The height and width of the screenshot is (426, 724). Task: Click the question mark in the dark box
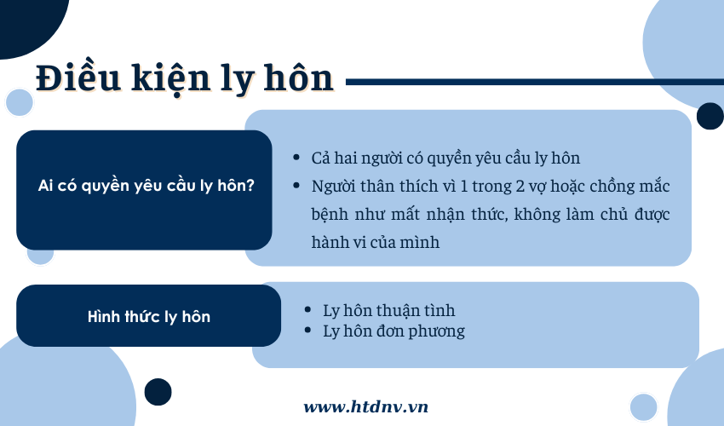coord(250,185)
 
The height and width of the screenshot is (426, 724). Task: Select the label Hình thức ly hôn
coord(149,316)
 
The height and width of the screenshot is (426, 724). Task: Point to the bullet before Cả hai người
coord(296,158)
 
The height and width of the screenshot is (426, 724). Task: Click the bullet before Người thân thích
coord(296,186)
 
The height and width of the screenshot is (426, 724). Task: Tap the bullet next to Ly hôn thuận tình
coord(308,309)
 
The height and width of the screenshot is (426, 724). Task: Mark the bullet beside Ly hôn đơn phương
coord(308,331)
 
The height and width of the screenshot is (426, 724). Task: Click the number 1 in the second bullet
coord(463,187)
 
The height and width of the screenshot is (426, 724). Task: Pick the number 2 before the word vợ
coord(520,187)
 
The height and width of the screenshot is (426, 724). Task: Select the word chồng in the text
coord(612,187)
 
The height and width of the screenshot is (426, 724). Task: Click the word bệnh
coord(330,215)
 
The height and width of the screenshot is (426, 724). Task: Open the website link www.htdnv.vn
coord(365,406)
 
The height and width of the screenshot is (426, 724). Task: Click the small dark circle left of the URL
coord(158,392)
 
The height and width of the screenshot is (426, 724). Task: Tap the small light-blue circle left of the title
coord(20,102)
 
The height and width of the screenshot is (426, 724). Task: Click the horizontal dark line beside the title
coord(535,83)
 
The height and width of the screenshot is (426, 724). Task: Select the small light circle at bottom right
coord(643,407)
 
